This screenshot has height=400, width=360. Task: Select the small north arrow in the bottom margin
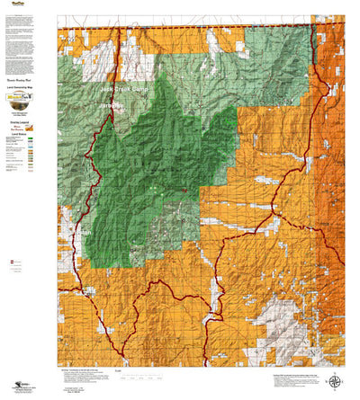[x=336, y=381]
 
